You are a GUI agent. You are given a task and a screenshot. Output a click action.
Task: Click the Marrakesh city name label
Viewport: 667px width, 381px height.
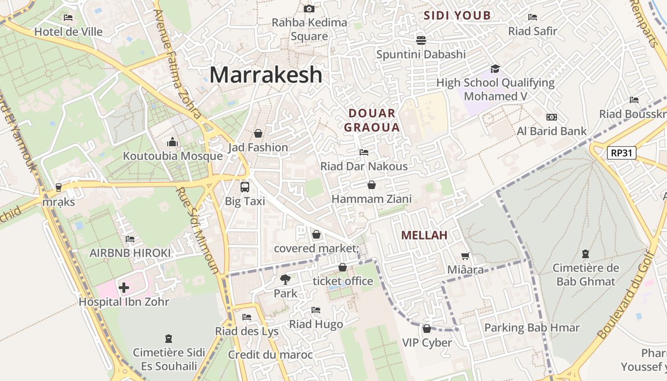coord(266,75)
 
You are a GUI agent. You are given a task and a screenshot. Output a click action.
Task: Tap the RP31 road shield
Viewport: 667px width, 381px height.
coord(622,153)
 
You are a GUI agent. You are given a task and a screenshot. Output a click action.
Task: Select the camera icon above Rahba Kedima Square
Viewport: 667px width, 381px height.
coord(309,9)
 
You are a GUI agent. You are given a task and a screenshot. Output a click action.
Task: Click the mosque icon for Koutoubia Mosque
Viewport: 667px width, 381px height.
coord(172,142)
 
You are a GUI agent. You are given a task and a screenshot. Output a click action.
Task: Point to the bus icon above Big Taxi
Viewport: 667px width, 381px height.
coord(245,187)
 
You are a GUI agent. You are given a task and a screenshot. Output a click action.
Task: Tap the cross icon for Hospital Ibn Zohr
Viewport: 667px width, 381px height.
coord(124,288)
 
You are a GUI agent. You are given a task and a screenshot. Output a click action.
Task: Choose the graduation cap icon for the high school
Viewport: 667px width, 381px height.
coord(495,69)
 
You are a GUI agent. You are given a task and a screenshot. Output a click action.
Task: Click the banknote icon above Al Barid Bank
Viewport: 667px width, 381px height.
coord(552,117)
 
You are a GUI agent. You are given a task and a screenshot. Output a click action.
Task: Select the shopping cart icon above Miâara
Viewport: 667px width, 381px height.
coord(465,256)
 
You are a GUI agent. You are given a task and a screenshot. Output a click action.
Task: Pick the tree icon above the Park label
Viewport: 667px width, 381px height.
coord(285,280)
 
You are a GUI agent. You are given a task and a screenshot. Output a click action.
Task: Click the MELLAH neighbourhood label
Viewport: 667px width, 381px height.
coord(424,235)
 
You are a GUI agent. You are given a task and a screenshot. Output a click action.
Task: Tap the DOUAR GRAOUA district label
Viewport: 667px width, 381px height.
coord(372,120)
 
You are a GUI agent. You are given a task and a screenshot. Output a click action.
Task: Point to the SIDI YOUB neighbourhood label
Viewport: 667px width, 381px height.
coord(457,15)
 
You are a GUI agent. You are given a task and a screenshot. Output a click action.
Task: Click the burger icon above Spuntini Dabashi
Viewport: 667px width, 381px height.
coord(421,40)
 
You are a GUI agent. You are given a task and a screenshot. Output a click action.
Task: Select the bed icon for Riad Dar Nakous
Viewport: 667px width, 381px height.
coord(364,152)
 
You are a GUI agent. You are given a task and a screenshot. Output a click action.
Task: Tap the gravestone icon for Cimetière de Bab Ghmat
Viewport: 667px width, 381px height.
coord(586,254)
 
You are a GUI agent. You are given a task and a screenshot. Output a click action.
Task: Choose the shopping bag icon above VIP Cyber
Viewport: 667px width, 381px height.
coord(427,329)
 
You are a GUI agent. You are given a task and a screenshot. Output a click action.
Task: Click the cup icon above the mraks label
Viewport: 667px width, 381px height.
coord(59,188)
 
